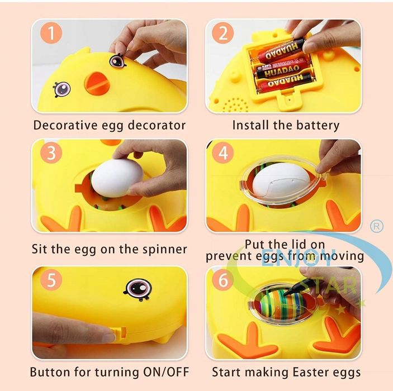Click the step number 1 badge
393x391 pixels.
51,34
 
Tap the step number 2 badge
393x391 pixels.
223,34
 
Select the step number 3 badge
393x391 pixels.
51,152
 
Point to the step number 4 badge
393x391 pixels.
223,153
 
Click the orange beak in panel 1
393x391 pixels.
96,83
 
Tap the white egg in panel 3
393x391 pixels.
117,178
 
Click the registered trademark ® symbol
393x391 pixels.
377,226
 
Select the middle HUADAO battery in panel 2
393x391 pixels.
283,71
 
